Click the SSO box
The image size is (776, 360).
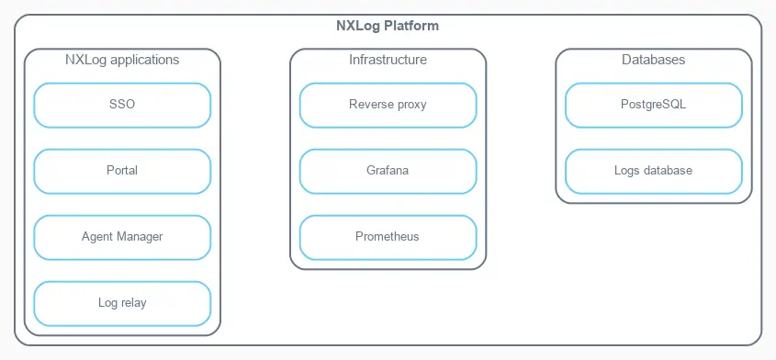[x=122, y=105]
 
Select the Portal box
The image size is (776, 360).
[x=122, y=171]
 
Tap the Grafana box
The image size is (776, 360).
[x=388, y=171]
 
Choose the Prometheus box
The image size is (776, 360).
[x=388, y=237]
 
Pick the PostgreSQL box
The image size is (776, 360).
[x=653, y=105]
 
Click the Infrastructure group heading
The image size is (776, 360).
[x=388, y=61]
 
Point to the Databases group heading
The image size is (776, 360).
[x=653, y=61]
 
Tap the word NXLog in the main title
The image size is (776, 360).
[x=356, y=26]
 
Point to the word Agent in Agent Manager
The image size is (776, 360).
[x=96, y=237]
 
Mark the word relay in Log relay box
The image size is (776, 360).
[x=133, y=303]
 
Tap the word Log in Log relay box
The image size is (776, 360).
[x=107, y=303]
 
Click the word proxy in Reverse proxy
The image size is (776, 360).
[x=410, y=105]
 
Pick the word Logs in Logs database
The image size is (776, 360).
[x=627, y=171]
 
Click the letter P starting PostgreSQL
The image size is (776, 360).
[x=624, y=105]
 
